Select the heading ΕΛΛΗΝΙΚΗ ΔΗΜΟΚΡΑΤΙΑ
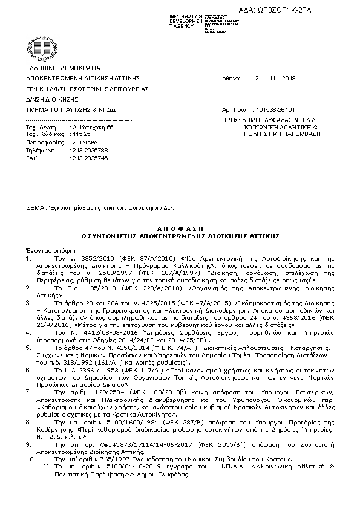(63, 68)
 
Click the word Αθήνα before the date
(232, 79)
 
